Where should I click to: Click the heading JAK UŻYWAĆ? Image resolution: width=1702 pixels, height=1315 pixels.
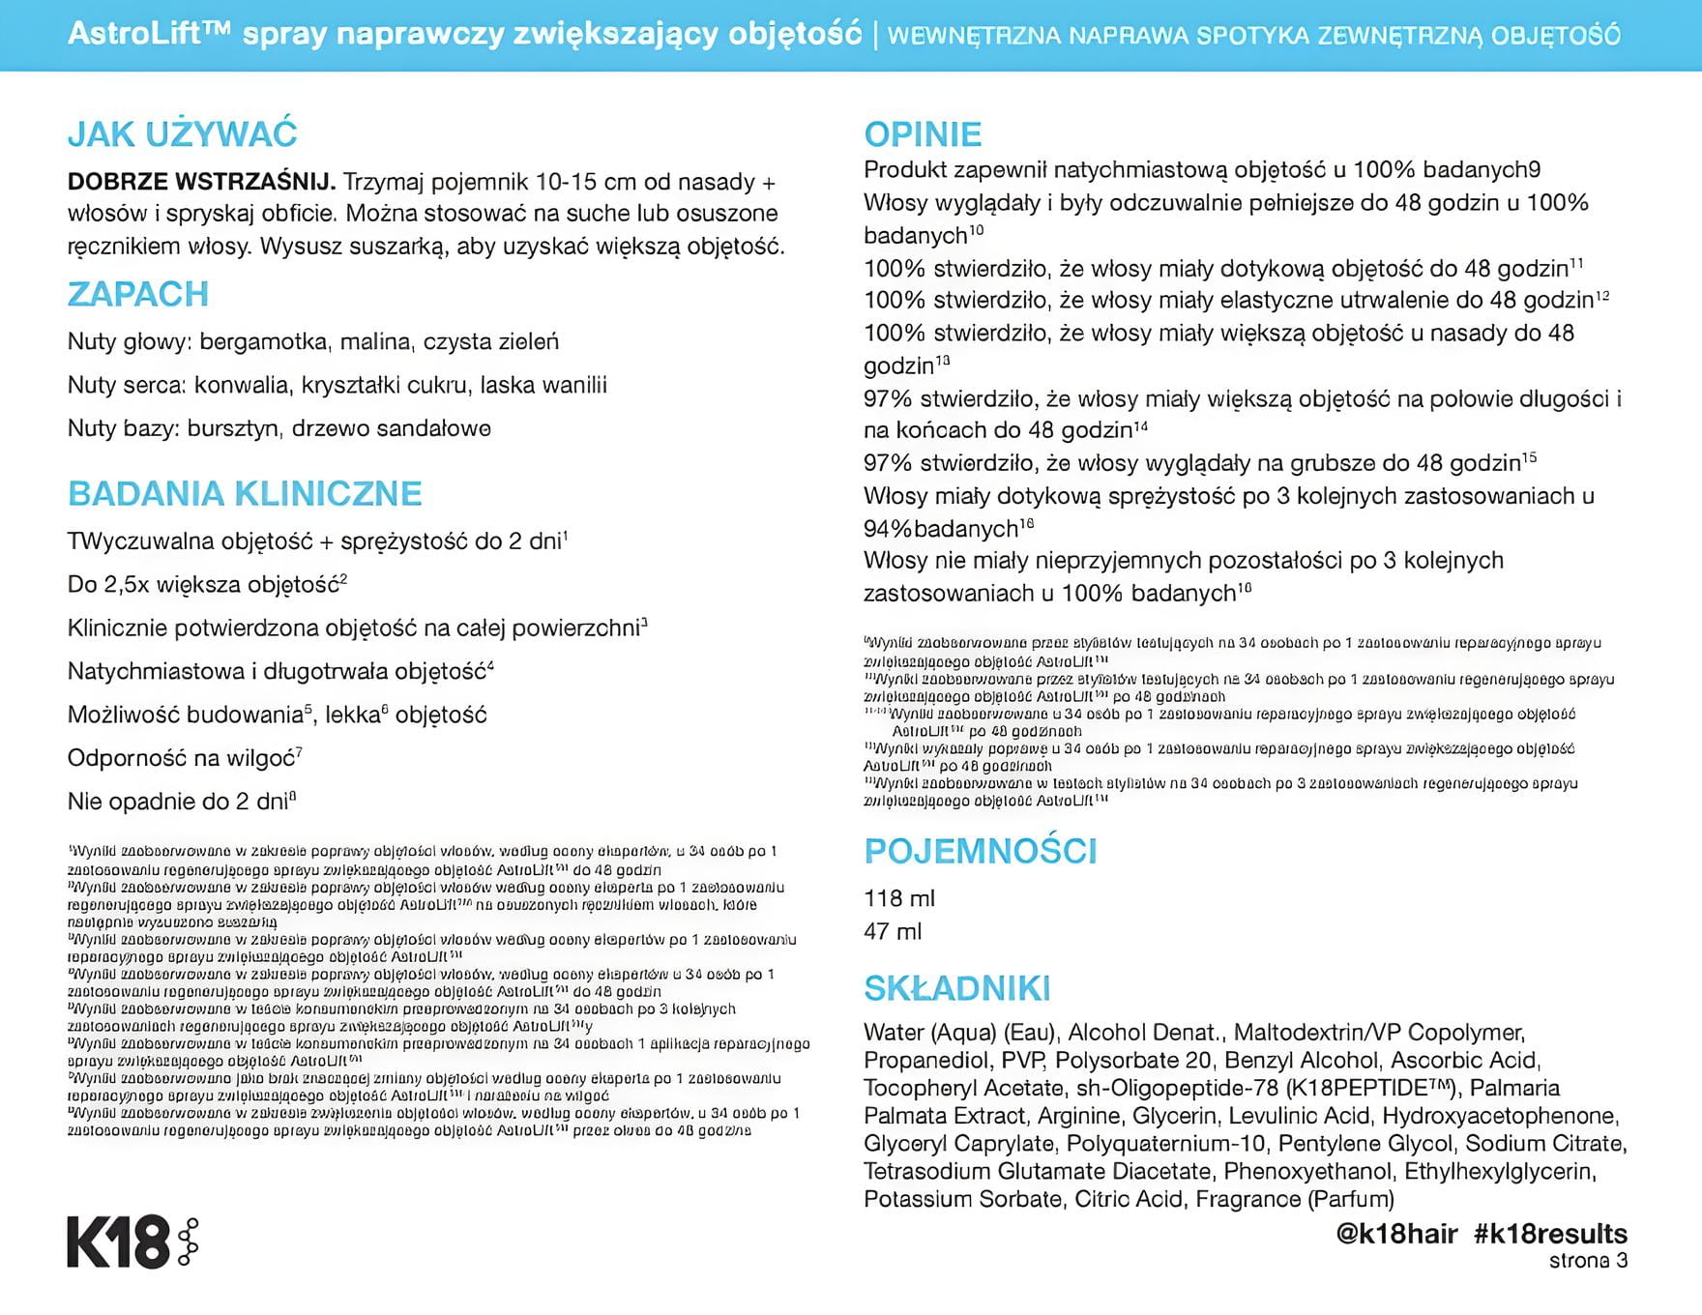tap(182, 134)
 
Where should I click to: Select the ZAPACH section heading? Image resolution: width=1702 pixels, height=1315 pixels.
tap(138, 294)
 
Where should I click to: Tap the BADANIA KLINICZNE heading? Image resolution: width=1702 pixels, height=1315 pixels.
tap(245, 494)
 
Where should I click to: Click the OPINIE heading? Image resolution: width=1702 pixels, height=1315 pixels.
tap(923, 134)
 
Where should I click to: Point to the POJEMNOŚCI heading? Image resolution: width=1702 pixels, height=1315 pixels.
tap(980, 852)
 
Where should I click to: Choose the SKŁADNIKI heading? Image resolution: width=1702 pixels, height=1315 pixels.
tap(956, 989)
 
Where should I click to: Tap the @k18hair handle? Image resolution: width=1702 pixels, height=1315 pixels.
tap(1396, 1234)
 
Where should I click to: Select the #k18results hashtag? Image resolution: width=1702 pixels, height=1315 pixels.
tap(1550, 1234)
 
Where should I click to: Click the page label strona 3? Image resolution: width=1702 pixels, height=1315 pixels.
tap(1588, 1261)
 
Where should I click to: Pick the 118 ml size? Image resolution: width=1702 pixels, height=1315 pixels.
tap(898, 898)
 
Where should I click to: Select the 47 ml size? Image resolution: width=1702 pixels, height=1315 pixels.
tap(893, 931)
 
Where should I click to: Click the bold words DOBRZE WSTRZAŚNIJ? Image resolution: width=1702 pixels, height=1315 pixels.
tap(201, 182)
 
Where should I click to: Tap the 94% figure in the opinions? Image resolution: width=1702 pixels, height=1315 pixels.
tap(887, 529)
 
